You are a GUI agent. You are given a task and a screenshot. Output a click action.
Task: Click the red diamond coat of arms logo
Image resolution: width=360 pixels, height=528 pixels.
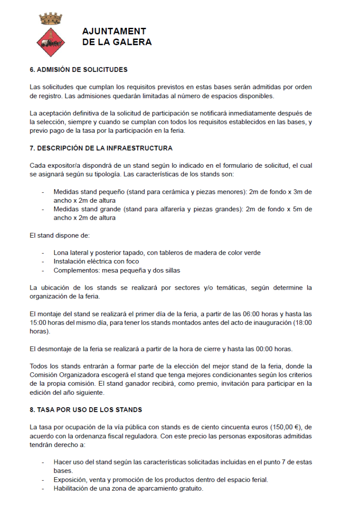(51, 42)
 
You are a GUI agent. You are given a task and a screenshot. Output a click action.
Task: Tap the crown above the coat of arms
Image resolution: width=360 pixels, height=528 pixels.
(51, 19)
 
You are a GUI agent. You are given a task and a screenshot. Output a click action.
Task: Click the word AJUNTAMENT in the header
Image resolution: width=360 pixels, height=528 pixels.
(114, 32)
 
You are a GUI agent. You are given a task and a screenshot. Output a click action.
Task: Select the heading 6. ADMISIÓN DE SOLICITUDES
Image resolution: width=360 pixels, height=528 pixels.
(79, 69)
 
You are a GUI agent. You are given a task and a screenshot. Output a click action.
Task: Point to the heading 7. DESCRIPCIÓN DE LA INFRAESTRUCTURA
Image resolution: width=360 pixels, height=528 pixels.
(101, 148)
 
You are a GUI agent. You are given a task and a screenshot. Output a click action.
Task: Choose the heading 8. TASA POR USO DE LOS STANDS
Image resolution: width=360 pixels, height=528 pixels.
(86, 410)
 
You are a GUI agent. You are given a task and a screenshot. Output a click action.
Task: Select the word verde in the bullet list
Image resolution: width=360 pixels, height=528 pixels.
(252, 253)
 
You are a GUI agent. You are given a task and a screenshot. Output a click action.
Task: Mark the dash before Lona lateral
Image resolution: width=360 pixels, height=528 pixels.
(43, 253)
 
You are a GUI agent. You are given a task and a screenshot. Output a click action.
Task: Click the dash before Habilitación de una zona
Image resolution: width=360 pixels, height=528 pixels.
(43, 488)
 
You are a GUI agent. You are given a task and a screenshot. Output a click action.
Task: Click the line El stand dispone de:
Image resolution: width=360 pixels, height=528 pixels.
(60, 235)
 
